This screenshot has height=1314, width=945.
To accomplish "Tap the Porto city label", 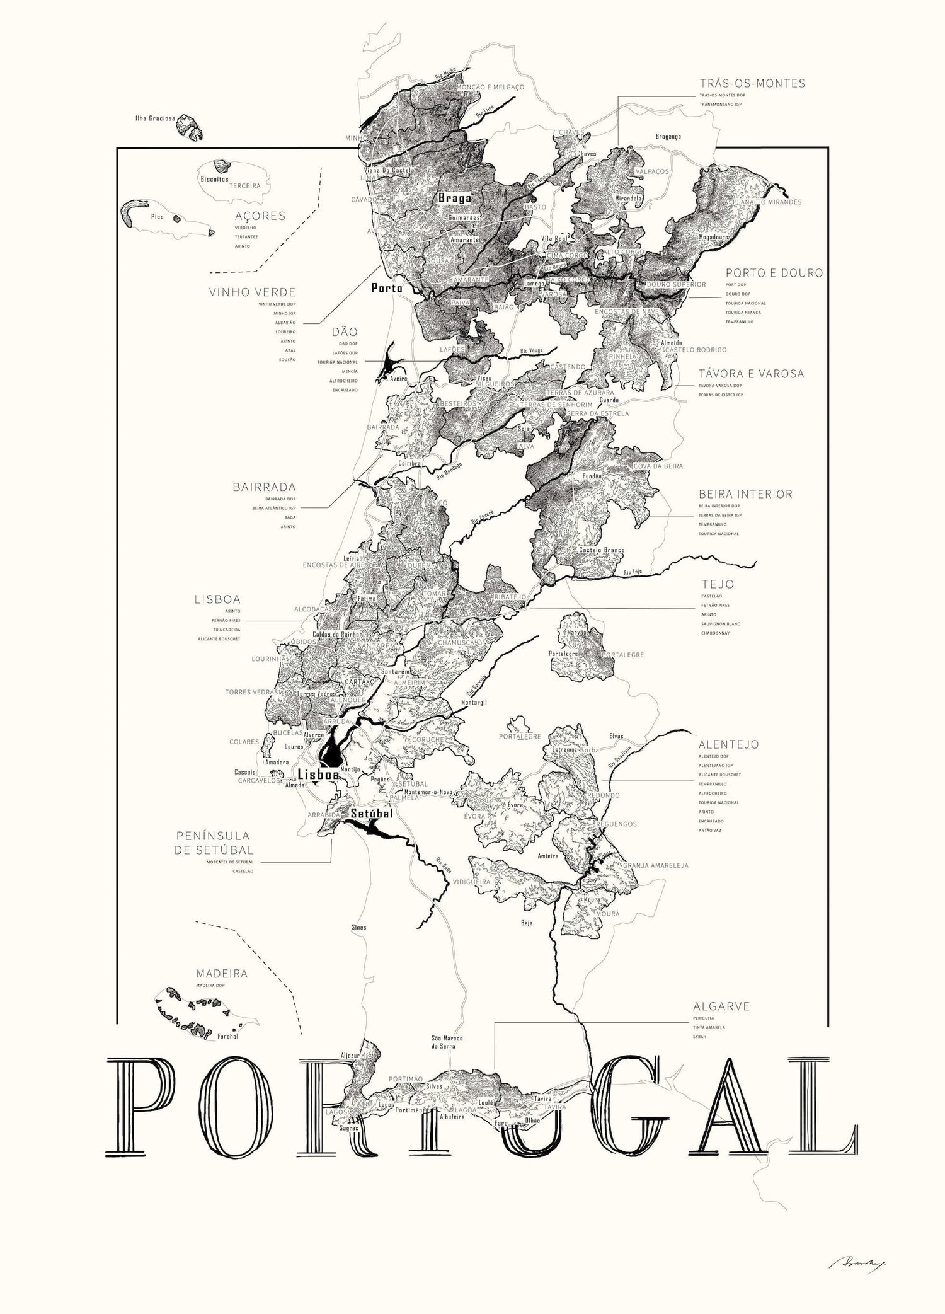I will tap(386, 288).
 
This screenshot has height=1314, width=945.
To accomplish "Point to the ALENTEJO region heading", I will tap(728, 744).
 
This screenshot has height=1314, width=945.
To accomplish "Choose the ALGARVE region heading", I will tap(721, 1006).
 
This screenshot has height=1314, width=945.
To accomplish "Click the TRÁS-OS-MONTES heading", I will tap(752, 83).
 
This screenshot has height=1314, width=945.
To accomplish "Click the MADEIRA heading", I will tap(221, 974).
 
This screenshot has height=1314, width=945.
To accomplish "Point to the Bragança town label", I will tap(668, 136).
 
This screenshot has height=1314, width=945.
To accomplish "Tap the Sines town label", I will tap(358, 928).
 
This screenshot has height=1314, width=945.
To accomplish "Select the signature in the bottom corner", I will tap(848, 1260).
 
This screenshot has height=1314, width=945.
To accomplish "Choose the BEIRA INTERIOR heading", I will tap(745, 494).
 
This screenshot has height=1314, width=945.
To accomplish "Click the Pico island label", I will tap(157, 217).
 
